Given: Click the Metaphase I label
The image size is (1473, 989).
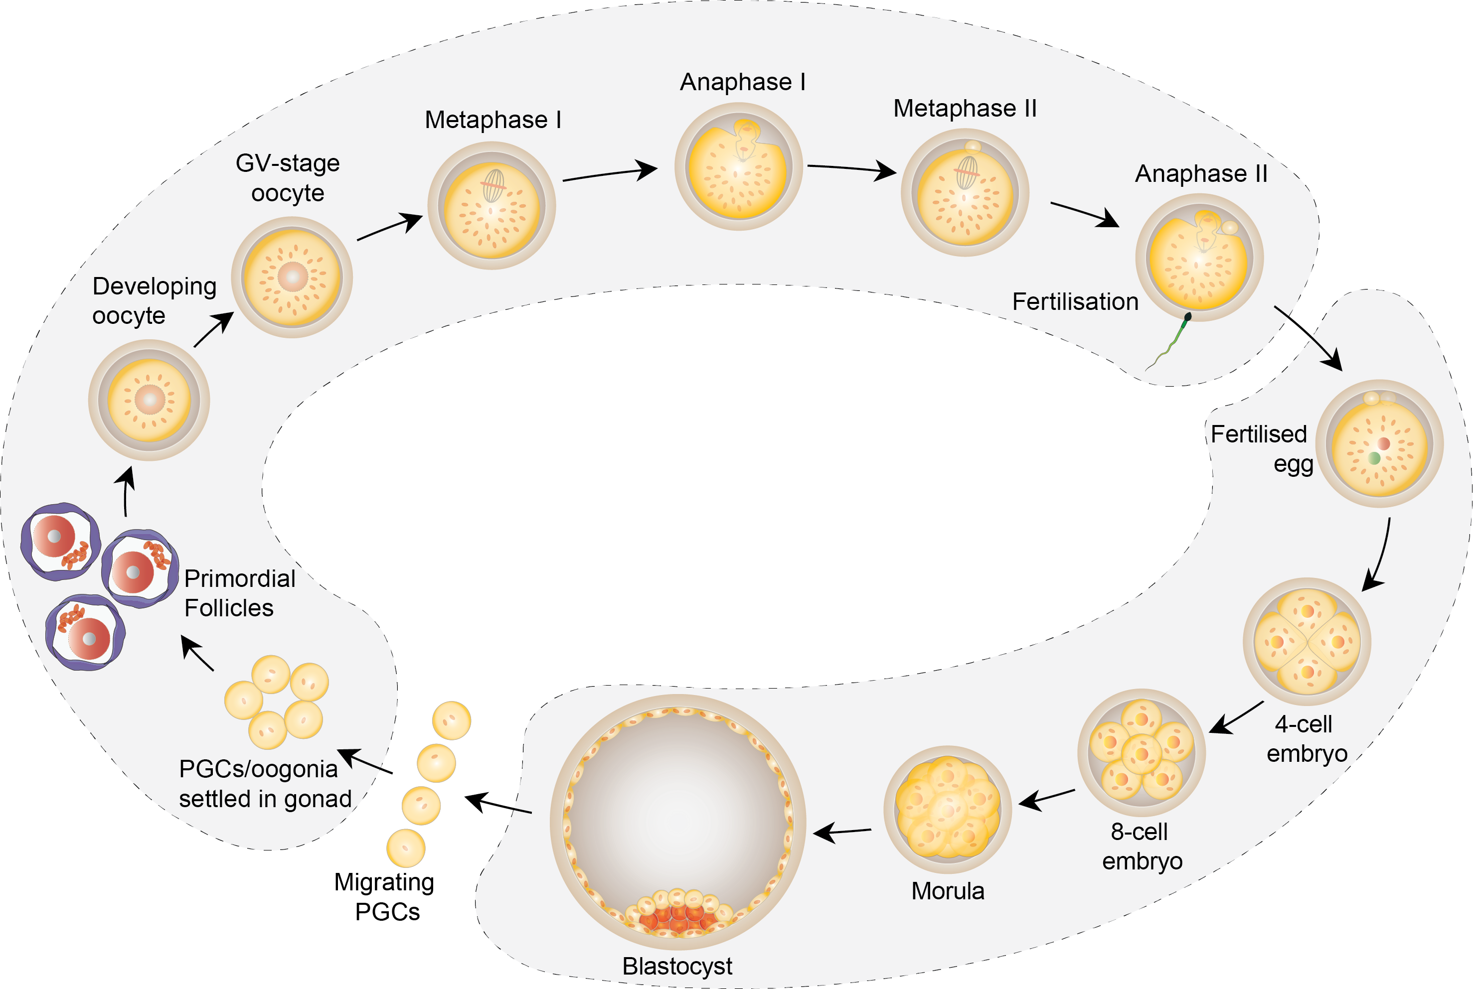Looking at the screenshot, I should pos(493,120).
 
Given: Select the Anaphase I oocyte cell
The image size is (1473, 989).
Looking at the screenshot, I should pos(738,167).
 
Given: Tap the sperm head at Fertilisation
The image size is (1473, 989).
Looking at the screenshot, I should pos(1188,316).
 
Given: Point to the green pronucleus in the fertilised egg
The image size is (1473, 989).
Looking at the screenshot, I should pos(1374,458).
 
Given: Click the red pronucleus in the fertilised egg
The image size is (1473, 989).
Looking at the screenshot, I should pos(1383,443).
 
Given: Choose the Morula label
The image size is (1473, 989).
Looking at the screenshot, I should pos(947,891).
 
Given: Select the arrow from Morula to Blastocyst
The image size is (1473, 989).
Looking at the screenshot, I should pos(842,832).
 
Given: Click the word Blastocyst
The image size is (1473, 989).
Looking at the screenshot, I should pos(677,966).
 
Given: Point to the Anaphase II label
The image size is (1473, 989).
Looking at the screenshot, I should pos(1201,173).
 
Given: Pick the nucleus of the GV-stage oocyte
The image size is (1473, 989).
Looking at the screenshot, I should pos(292,276).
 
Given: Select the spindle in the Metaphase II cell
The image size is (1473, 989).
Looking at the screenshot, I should pos(966,173).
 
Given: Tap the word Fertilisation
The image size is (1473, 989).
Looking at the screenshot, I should pos(1075,301).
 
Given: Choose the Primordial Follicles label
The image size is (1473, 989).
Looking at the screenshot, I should pos(239,593).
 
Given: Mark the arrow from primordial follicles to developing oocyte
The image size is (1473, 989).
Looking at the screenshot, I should pos(127,492).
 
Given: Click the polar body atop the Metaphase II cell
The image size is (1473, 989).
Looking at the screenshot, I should pos(973,147).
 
